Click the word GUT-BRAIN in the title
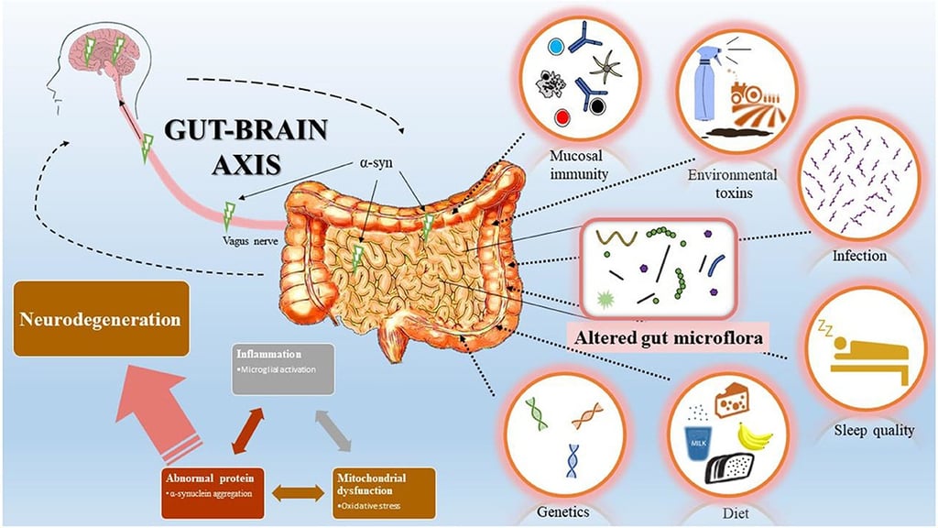pos(245,128)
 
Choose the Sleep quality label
pos(874,429)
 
